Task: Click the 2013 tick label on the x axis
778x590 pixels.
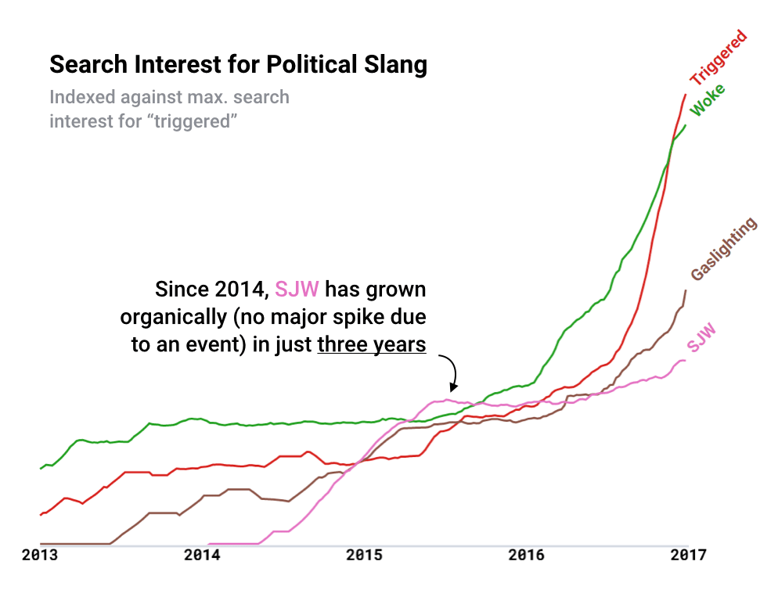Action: click(41, 556)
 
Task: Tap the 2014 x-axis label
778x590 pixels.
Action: click(202, 556)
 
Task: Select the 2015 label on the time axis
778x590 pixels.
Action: click(364, 556)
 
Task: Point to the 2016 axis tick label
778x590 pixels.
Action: click(525, 556)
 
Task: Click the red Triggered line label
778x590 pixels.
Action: click(719, 58)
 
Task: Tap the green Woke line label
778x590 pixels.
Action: click(707, 99)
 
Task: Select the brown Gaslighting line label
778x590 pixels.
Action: click(724, 249)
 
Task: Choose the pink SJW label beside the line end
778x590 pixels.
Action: click(702, 337)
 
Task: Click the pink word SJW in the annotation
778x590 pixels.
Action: click(297, 290)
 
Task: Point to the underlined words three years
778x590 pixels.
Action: click(372, 344)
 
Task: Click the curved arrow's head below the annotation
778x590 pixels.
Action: click(452, 387)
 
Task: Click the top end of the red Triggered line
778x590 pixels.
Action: click(686, 95)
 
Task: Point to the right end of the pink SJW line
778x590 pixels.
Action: click(685, 361)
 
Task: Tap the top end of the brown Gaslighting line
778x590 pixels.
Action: click(686, 291)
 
